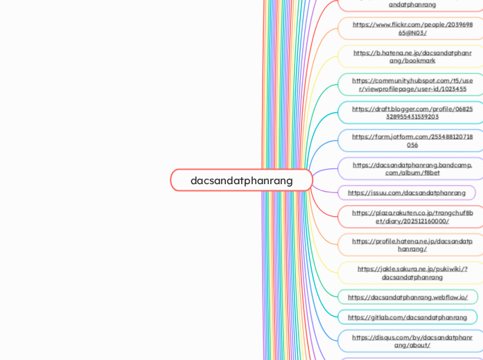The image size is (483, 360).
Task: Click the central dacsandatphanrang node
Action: [241, 180]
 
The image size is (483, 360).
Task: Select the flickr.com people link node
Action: [412, 28]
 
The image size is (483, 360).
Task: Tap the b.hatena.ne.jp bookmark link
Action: [412, 56]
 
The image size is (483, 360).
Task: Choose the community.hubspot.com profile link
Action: [412, 84]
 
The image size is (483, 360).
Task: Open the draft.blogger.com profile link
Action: [412, 112]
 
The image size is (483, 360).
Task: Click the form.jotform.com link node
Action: [412, 141]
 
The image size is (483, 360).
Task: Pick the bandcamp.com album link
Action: [412, 168]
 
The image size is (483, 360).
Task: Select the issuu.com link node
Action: [407, 192]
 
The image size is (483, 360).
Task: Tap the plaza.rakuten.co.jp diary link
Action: [412, 217]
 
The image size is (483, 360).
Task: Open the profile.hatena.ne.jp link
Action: [412, 244]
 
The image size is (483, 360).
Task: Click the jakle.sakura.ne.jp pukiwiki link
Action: [412, 273]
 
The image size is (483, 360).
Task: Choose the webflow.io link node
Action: [407, 297]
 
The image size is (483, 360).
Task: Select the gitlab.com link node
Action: [407, 317]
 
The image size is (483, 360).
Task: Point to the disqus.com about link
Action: [412, 341]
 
